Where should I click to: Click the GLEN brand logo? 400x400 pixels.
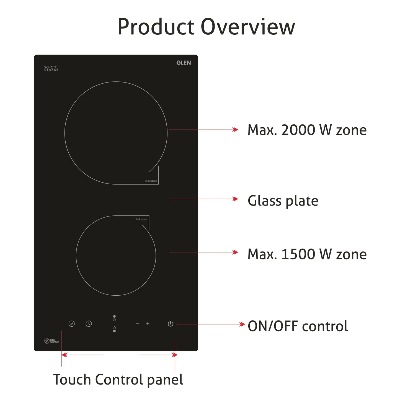pyautogui.click(x=184, y=63)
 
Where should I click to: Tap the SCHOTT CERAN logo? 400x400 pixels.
pyautogui.click(x=51, y=68)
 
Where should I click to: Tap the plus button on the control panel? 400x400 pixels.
pyautogui.click(x=148, y=324)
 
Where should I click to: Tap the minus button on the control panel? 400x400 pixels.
pyautogui.click(x=137, y=324)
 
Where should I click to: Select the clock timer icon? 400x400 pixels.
pyautogui.click(x=89, y=324)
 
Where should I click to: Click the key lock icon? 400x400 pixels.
pyautogui.click(x=71, y=324)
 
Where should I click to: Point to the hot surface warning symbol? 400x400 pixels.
pyautogui.click(x=47, y=341)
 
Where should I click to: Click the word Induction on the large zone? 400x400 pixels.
pyautogui.click(x=151, y=181)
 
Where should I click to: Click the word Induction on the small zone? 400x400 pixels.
pyautogui.click(x=141, y=219)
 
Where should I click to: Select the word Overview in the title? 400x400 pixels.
pyautogui.click(x=247, y=27)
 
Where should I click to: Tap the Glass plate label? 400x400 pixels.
pyautogui.click(x=283, y=201)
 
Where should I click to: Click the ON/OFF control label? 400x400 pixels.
pyautogui.click(x=298, y=326)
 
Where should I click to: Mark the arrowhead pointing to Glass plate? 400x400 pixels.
pyautogui.click(x=235, y=199)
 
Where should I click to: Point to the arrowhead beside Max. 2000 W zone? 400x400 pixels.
pyautogui.click(x=235, y=130)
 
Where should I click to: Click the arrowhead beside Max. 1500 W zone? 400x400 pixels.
pyautogui.click(x=235, y=252)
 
